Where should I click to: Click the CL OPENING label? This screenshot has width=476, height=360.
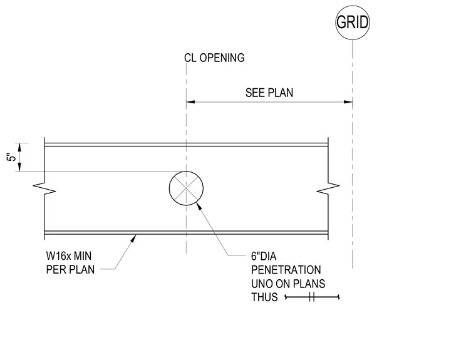click(214, 58)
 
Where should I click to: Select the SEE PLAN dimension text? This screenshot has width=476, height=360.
click(269, 93)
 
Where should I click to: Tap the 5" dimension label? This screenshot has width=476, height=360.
click(11, 157)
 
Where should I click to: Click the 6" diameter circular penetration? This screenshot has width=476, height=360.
click(169, 188)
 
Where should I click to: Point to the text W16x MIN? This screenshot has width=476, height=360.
click(69, 256)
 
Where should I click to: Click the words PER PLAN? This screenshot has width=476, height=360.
click(70, 270)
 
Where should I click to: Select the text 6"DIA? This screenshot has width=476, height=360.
click(264, 257)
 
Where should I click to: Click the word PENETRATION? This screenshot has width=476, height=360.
click(286, 270)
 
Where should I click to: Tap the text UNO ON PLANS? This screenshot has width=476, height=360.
click(288, 284)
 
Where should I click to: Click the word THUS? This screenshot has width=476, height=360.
click(264, 297)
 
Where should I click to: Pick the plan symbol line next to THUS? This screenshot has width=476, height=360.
click(312, 297)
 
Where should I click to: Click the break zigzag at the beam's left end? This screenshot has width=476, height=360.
click(44, 188)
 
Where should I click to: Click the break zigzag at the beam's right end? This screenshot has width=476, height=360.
click(328, 188)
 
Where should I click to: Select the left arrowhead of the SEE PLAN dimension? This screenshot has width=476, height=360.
click(190, 102)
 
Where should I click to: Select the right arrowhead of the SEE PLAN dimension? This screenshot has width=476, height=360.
click(348, 102)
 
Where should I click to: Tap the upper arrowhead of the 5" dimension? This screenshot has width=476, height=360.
click(20, 147)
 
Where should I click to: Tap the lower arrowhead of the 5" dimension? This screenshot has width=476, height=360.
click(20, 167)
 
